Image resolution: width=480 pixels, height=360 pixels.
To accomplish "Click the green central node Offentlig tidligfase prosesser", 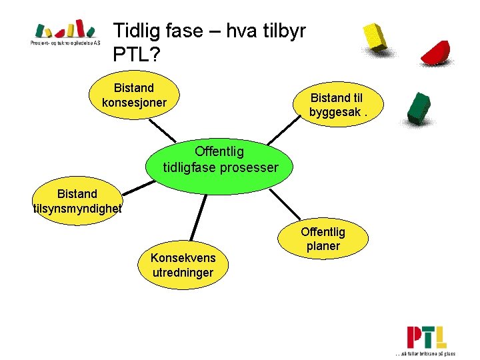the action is coord(220,160).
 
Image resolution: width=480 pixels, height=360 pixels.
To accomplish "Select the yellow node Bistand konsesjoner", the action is coord(134,95).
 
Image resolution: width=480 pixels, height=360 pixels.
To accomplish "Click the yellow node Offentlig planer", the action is coord(323,239).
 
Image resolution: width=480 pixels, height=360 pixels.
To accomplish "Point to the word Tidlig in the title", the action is coord(133,31).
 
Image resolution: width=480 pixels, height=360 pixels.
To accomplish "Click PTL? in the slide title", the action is coord(137,55).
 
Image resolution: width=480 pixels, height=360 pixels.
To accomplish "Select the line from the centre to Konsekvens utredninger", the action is coord(197,217).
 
